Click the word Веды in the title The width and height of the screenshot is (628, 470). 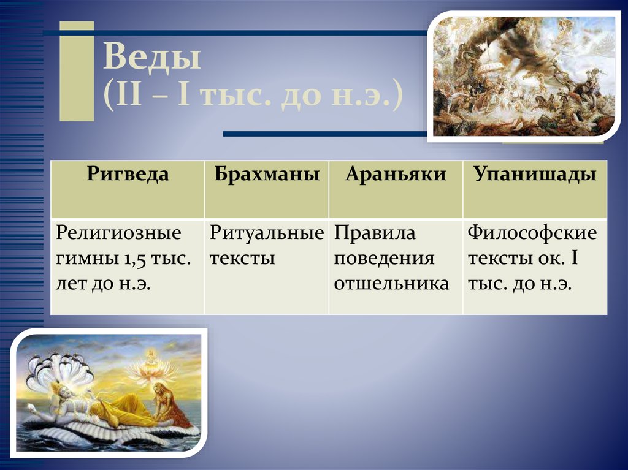point(151,59)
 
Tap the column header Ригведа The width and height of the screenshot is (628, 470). point(128,175)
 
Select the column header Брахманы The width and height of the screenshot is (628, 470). point(267,175)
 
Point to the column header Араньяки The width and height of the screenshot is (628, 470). point(396,175)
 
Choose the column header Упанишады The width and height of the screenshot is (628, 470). point(535,175)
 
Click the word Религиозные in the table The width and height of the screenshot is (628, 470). point(119,233)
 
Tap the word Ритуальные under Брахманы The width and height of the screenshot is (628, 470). point(267,233)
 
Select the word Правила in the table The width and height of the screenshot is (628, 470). point(375,233)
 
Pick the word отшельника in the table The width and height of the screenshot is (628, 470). point(391,284)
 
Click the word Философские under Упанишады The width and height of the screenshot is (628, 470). point(532,233)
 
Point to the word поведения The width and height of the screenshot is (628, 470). point(385,258)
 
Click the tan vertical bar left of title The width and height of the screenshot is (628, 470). point(77,71)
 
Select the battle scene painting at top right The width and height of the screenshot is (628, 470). point(524,76)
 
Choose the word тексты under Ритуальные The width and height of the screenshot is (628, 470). point(242,258)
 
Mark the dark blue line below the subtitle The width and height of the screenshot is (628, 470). point(325,134)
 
